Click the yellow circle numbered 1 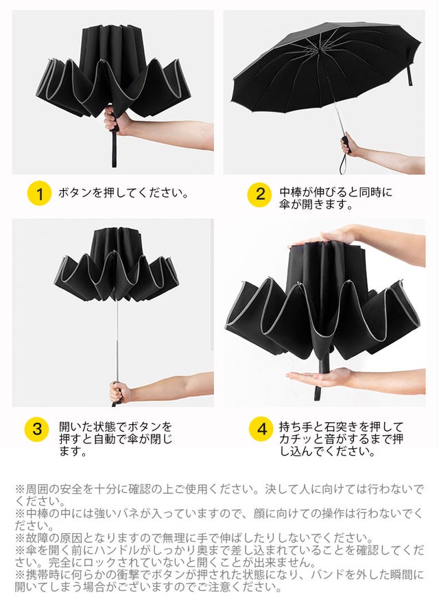coord(39,193)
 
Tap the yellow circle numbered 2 coord(260,194)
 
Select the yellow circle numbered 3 coord(37,429)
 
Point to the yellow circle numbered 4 coord(261,429)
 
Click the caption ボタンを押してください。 coord(123,193)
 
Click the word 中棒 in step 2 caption coord(290,192)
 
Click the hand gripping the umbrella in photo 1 coord(115,121)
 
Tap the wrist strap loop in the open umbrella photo coord(343,163)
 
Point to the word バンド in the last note coord(328,574)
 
